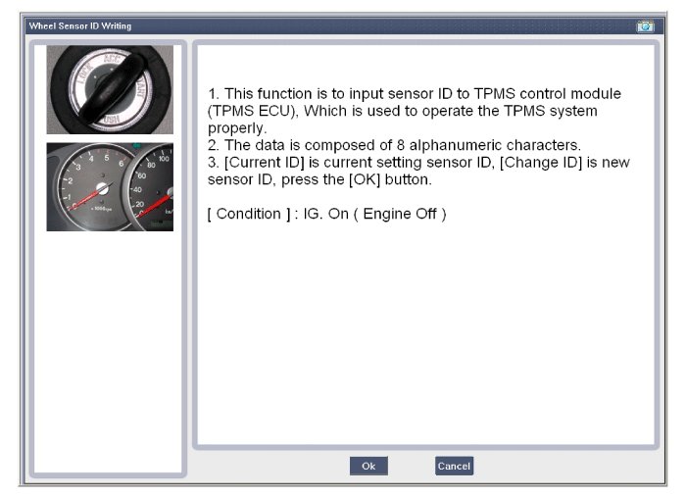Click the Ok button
[x=368, y=466]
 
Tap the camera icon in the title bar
[x=645, y=26]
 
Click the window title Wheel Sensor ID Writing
[x=80, y=25]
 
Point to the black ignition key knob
[x=111, y=89]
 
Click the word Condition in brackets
[x=249, y=214]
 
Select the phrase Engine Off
[x=400, y=214]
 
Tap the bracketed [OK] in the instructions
[x=365, y=179]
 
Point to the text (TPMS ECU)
[x=250, y=111]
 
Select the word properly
[x=235, y=128]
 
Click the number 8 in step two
[x=401, y=145]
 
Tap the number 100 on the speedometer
[x=164, y=159]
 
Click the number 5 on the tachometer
[x=107, y=158]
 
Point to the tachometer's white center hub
[x=102, y=188]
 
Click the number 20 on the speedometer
[x=139, y=204]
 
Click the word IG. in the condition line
[x=312, y=214]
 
